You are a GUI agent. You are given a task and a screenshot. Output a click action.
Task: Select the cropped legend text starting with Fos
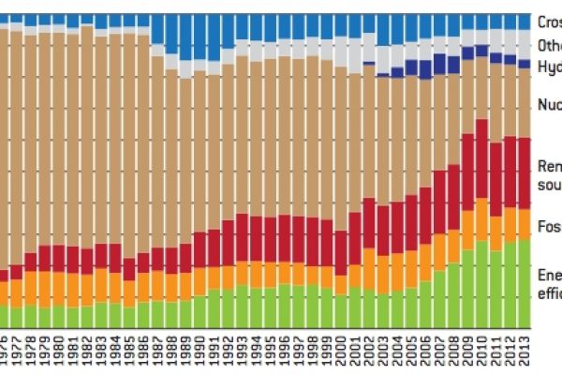coord(549,226)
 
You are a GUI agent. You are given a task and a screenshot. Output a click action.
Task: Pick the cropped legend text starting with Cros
coord(549,21)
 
